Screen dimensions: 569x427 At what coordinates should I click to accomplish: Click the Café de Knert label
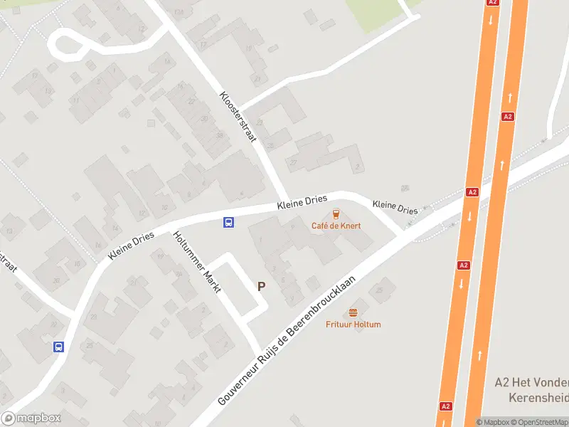336,226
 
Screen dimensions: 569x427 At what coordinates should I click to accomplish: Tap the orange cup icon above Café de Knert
336,213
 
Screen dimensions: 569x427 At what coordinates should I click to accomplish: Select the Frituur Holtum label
353,325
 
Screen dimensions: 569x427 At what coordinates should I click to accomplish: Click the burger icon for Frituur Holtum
353,313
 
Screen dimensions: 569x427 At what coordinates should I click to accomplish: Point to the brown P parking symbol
261,286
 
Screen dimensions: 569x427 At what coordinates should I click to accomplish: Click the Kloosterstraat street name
238,117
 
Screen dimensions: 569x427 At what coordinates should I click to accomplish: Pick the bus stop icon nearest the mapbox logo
58,347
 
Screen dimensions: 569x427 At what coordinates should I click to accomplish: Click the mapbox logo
31,418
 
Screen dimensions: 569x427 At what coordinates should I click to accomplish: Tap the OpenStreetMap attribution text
543,422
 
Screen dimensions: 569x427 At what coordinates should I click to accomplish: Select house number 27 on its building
294,163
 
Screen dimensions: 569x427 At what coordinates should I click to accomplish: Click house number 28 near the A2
405,189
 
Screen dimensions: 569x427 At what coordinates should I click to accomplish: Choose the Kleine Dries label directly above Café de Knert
301,204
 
